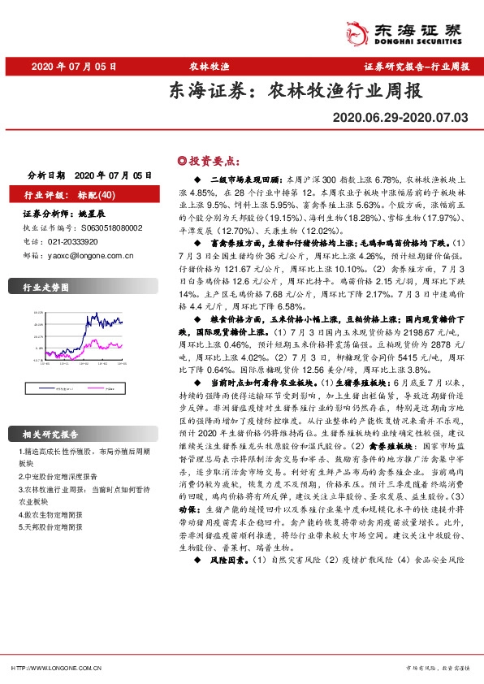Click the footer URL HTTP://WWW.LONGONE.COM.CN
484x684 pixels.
(54, 668)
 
